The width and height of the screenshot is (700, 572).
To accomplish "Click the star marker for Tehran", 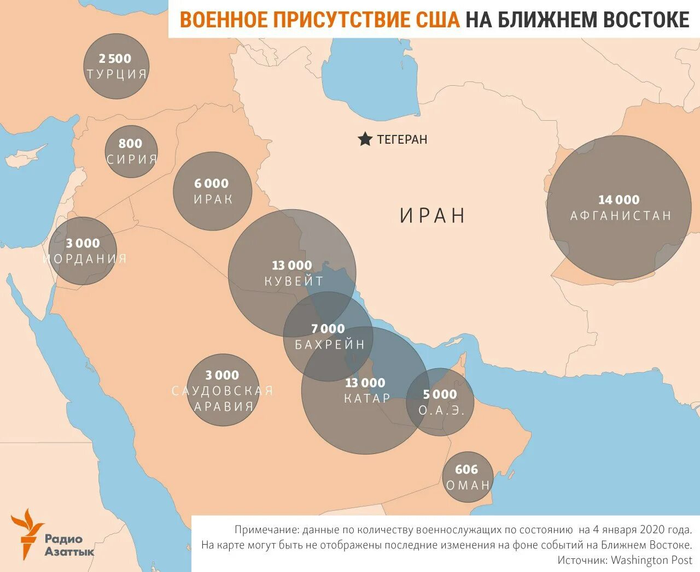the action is [x=365, y=139].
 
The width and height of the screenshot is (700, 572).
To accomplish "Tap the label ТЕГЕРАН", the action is [x=402, y=139].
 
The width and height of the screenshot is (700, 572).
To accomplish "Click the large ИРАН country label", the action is [x=433, y=215].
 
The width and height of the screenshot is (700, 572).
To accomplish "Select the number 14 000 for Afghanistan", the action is [x=619, y=200].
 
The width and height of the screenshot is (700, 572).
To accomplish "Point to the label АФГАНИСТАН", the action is [x=621, y=216].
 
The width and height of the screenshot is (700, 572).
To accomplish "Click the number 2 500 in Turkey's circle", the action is [x=115, y=58].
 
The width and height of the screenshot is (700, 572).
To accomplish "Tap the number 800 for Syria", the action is [x=130, y=144].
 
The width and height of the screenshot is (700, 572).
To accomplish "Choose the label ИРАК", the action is [x=213, y=199].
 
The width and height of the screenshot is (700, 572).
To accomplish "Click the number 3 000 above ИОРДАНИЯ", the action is [x=83, y=243].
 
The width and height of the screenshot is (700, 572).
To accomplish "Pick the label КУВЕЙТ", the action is [x=294, y=281].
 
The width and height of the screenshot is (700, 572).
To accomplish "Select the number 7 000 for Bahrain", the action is [x=328, y=329].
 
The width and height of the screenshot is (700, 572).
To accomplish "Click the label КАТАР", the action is [x=367, y=398].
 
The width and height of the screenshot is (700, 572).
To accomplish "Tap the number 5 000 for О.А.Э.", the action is [x=440, y=394].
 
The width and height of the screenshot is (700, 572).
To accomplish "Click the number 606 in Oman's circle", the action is [x=466, y=470].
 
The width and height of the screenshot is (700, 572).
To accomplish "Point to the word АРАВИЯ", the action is [x=224, y=406].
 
